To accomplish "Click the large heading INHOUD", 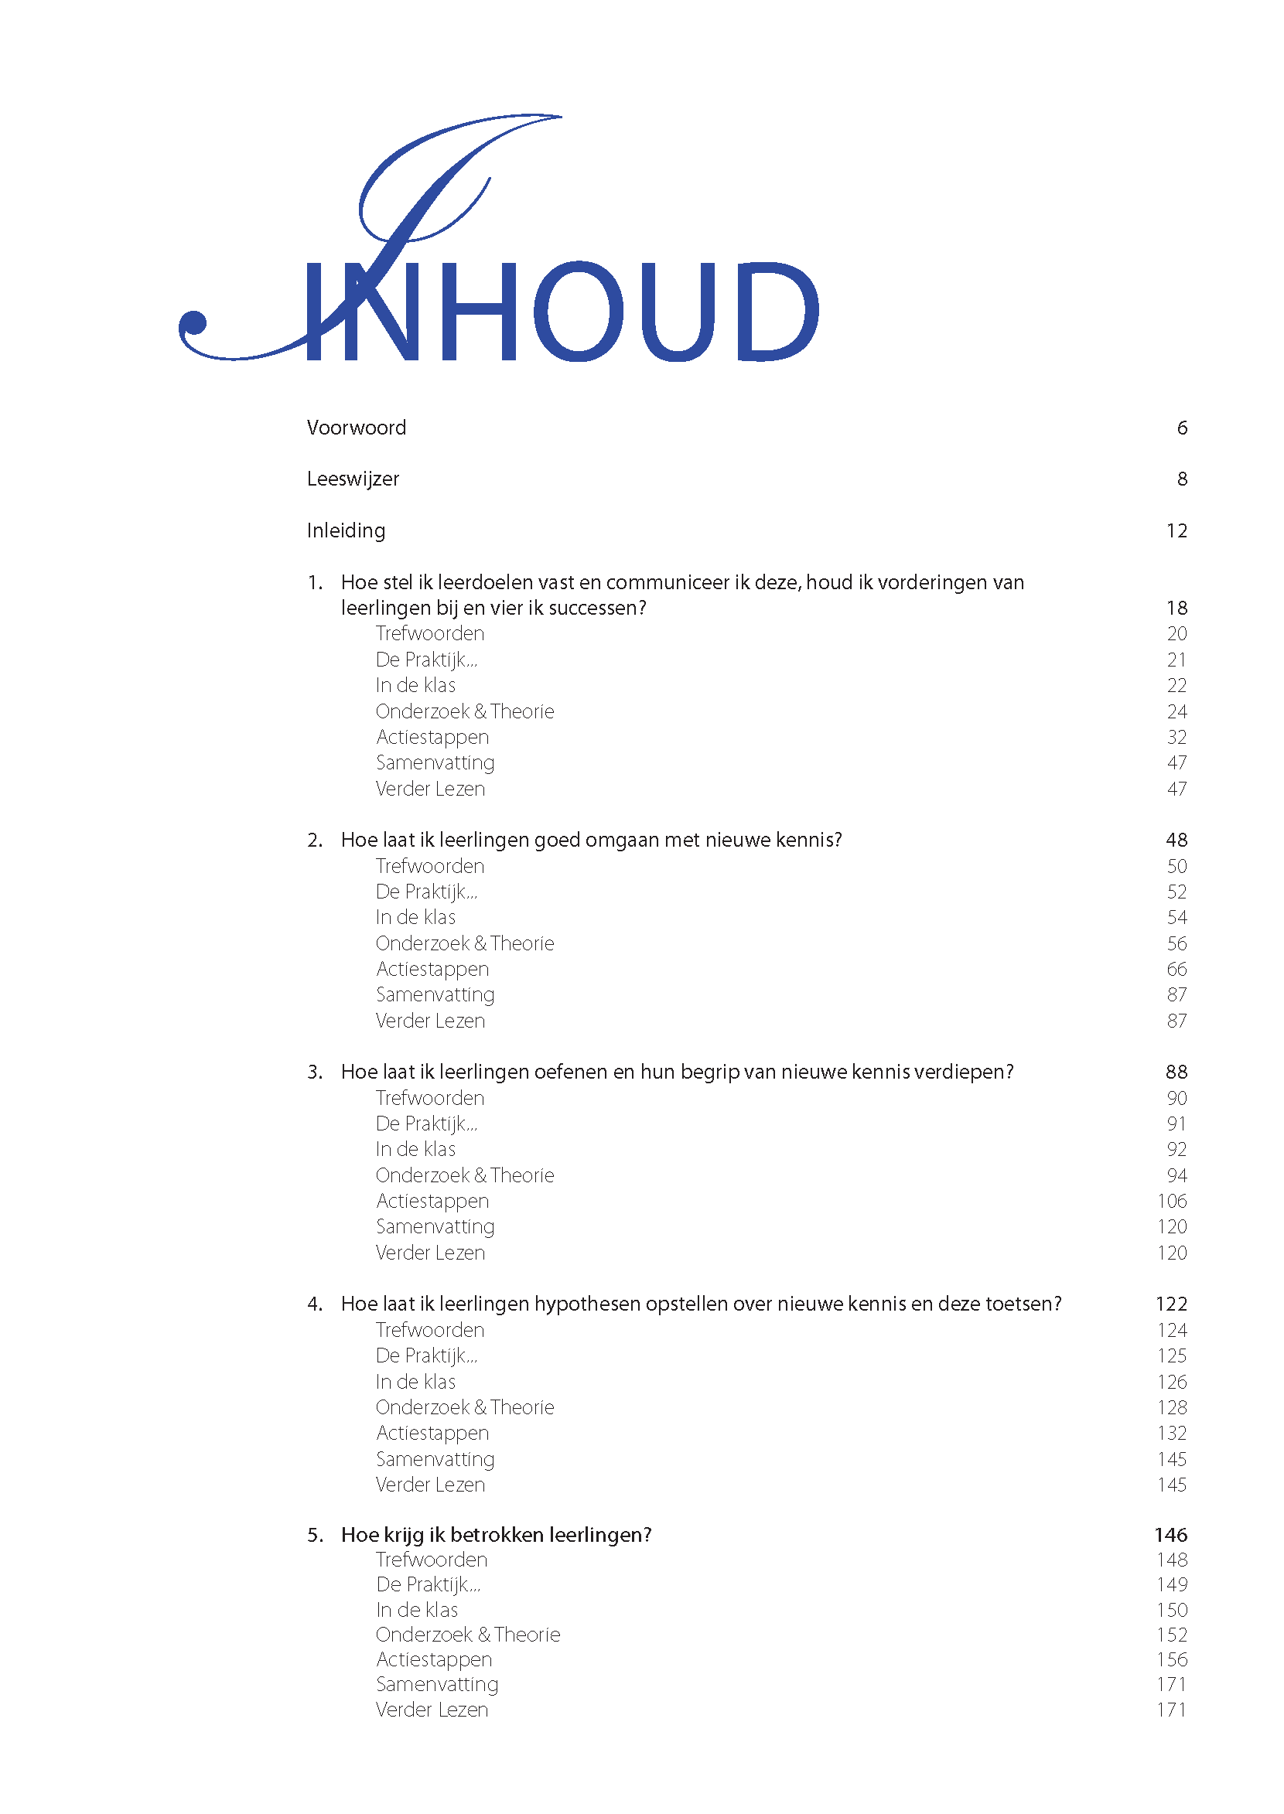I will [x=562, y=312].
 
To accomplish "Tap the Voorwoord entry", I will [x=356, y=428].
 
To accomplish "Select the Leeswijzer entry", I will [x=353, y=479].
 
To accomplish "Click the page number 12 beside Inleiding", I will [x=1176, y=531].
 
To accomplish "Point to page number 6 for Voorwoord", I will [x=1182, y=428].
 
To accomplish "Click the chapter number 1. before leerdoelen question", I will [x=315, y=582].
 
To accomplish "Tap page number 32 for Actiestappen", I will [x=1176, y=738].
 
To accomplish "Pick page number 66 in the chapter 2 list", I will [x=1176, y=969].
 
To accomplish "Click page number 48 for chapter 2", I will [x=1176, y=841].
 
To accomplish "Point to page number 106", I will [x=1172, y=1202].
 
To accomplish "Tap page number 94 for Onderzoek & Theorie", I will [x=1176, y=1175].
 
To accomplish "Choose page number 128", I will [x=1172, y=1408].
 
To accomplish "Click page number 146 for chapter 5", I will [x=1171, y=1535].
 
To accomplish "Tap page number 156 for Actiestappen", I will [x=1172, y=1659].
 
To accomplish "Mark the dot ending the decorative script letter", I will [x=193, y=323].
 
